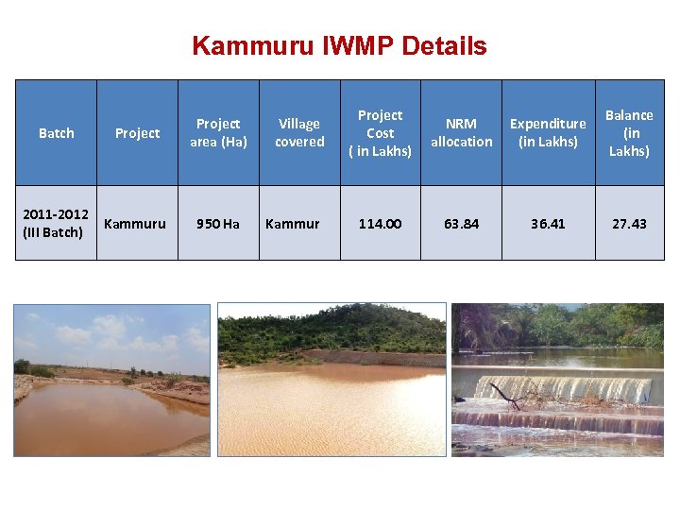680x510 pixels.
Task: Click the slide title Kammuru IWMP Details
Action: pos(339,45)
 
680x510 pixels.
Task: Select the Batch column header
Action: pos(56,133)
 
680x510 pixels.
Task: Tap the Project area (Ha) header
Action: pos(218,132)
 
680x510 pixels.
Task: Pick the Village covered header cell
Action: pos(299,132)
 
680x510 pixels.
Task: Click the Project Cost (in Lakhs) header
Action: pos(380,132)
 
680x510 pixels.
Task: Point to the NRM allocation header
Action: pos(461,132)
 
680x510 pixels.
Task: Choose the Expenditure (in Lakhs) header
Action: pos(548,132)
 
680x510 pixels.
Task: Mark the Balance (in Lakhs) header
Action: pos(629,132)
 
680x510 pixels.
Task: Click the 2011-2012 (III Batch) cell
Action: pos(56,224)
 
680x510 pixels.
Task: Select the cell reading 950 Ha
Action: pos(218,224)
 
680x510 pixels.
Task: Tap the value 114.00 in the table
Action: pos(380,224)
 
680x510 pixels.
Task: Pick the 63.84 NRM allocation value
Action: pos(461,224)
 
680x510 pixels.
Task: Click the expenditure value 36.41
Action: pos(548,224)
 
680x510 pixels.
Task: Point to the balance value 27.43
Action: pos(629,224)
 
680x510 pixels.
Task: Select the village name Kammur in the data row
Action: pos(293,224)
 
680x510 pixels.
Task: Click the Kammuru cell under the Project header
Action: pos(135,224)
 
